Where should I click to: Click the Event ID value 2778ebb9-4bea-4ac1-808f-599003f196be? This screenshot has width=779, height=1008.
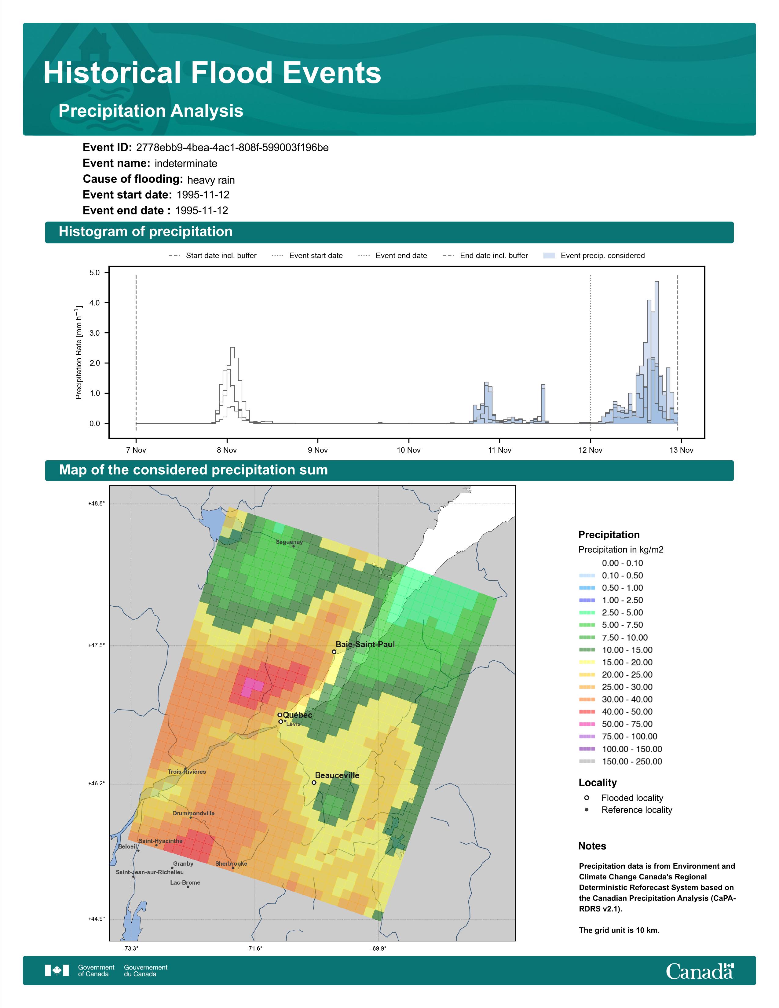pyautogui.click(x=232, y=148)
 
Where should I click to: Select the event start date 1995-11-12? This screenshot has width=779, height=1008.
pyautogui.click(x=203, y=195)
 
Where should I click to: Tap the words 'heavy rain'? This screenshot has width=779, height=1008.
pyautogui.click(x=211, y=180)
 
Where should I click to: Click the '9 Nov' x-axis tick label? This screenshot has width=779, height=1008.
pyautogui.click(x=318, y=450)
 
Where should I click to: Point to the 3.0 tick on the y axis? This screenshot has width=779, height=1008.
pyautogui.click(x=95, y=333)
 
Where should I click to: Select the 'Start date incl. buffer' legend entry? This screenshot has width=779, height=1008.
pyautogui.click(x=213, y=256)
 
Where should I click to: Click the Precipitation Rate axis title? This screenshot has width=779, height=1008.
pyautogui.click(x=79, y=352)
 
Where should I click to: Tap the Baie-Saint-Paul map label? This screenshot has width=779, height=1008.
pyautogui.click(x=365, y=644)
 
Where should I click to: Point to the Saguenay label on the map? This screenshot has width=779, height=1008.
pyautogui.click(x=289, y=542)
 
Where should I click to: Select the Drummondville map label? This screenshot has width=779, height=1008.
pyautogui.click(x=193, y=813)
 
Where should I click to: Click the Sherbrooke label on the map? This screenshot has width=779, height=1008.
pyautogui.click(x=231, y=864)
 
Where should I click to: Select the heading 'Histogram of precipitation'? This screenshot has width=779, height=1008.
pyautogui.click(x=145, y=232)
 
